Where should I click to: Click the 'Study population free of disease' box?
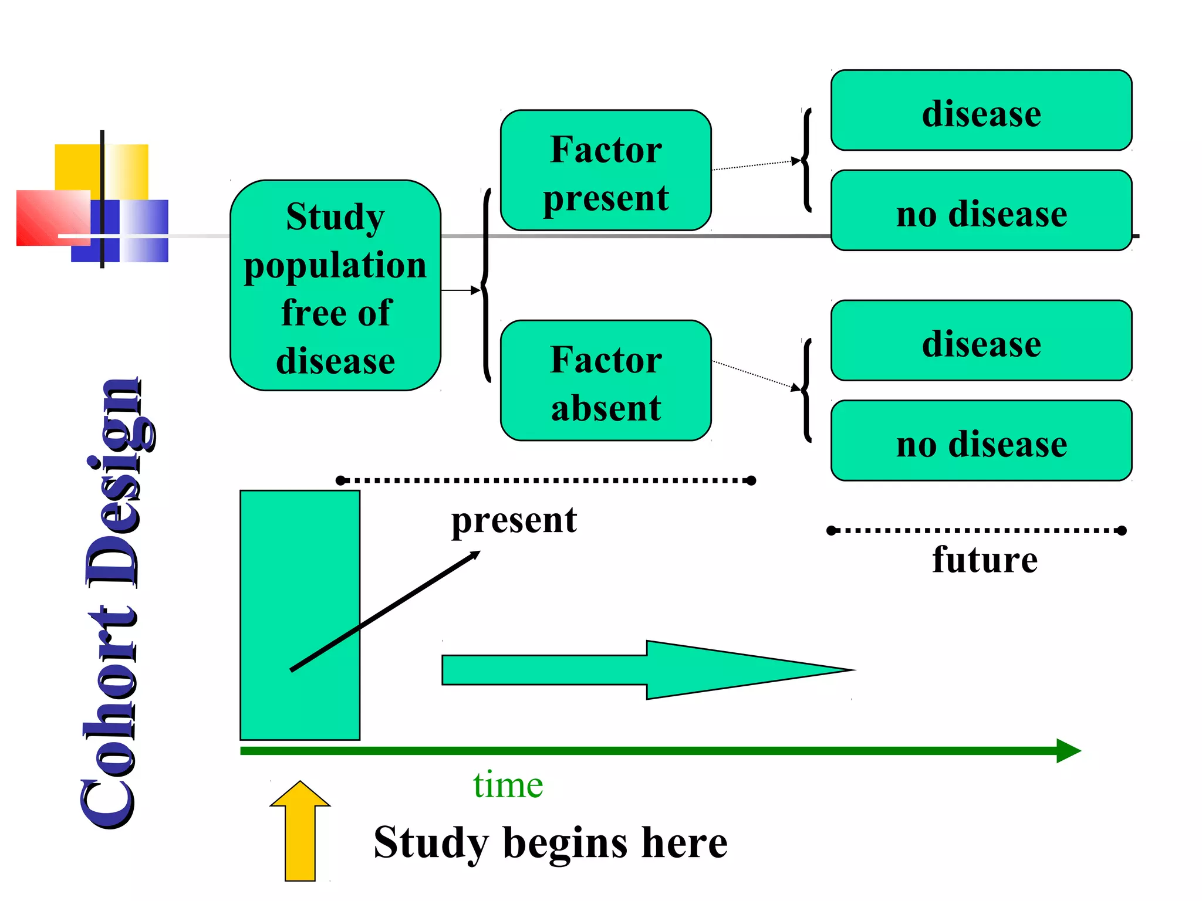point(335,286)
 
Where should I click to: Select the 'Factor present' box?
point(606,171)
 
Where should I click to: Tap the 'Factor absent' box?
point(606,381)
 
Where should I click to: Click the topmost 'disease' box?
point(981,111)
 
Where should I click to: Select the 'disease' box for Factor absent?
point(981,341)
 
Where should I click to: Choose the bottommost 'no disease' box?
point(981,441)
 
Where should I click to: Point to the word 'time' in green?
point(508,785)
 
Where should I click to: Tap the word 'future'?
point(985,559)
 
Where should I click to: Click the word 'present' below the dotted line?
point(514,520)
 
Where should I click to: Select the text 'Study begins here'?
point(551,842)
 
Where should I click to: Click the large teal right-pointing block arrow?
point(646,670)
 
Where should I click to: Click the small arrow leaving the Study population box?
point(460,290)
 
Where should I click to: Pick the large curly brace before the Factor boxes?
point(486,286)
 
